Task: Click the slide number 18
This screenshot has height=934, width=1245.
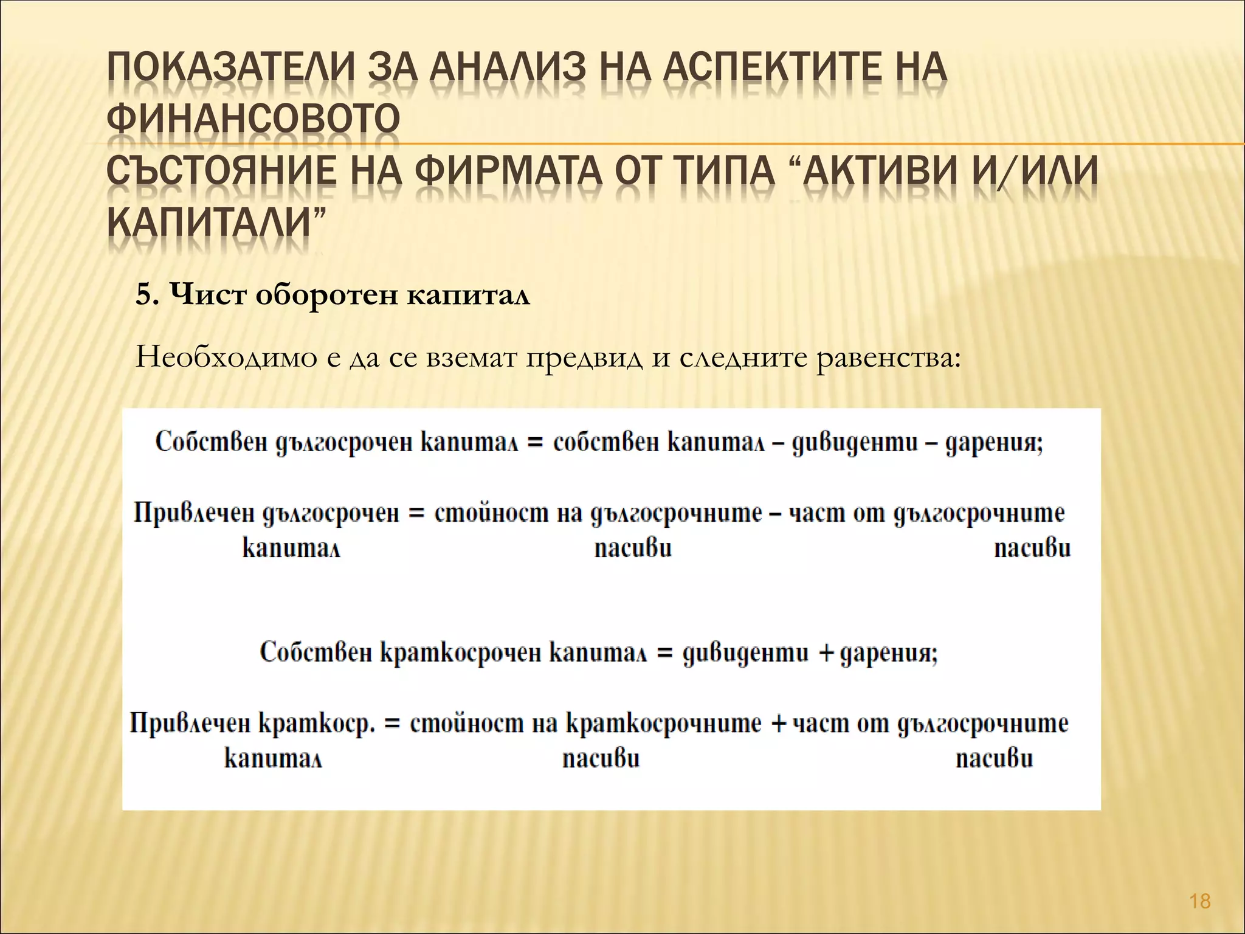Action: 1200,901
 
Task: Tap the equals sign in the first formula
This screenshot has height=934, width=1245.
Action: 535,443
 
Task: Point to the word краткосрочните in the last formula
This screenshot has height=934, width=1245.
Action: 664,724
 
